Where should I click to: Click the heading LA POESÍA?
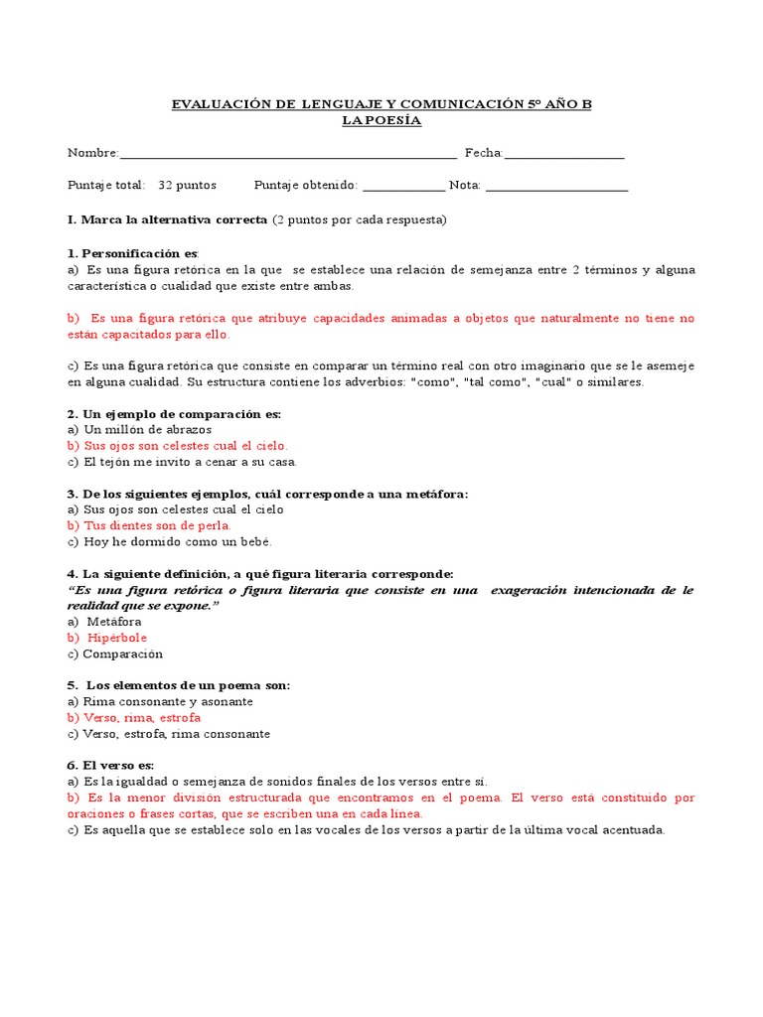[x=381, y=120]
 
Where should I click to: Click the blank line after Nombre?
[x=288, y=155]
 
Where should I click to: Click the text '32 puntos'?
[x=188, y=185]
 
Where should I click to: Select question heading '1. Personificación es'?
[x=133, y=253]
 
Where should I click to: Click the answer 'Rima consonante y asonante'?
[x=160, y=701]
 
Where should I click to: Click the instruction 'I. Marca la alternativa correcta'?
[x=167, y=218]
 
